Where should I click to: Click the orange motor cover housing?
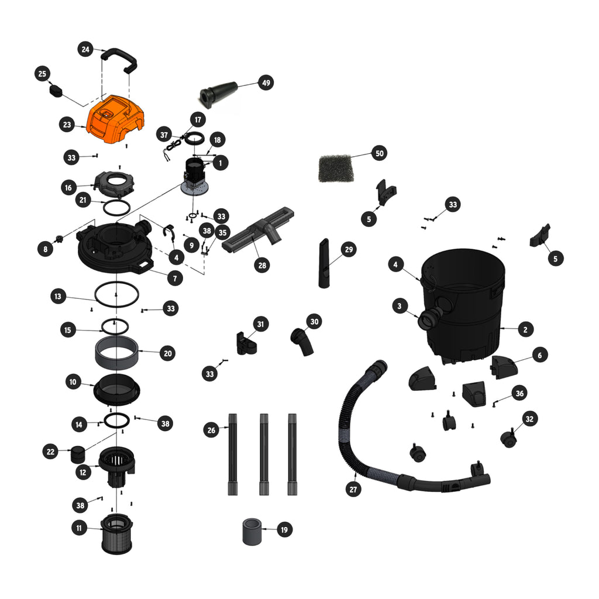[115, 119]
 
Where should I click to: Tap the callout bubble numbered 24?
[85, 49]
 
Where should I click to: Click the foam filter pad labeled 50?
[336, 168]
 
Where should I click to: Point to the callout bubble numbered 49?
[266, 82]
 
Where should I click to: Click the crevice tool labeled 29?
[324, 264]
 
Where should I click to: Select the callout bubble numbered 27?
[353, 490]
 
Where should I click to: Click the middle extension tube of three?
[264, 454]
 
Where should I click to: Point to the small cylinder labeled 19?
[252, 531]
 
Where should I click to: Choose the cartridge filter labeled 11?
[117, 534]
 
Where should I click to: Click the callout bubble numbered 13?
[58, 296]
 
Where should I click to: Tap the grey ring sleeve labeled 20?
[116, 353]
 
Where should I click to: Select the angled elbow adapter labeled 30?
[302, 341]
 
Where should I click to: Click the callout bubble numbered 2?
[525, 329]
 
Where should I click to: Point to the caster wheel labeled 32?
[509, 439]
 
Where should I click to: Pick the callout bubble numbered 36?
[519, 394]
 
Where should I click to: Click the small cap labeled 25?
[56, 91]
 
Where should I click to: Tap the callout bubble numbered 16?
[68, 188]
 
